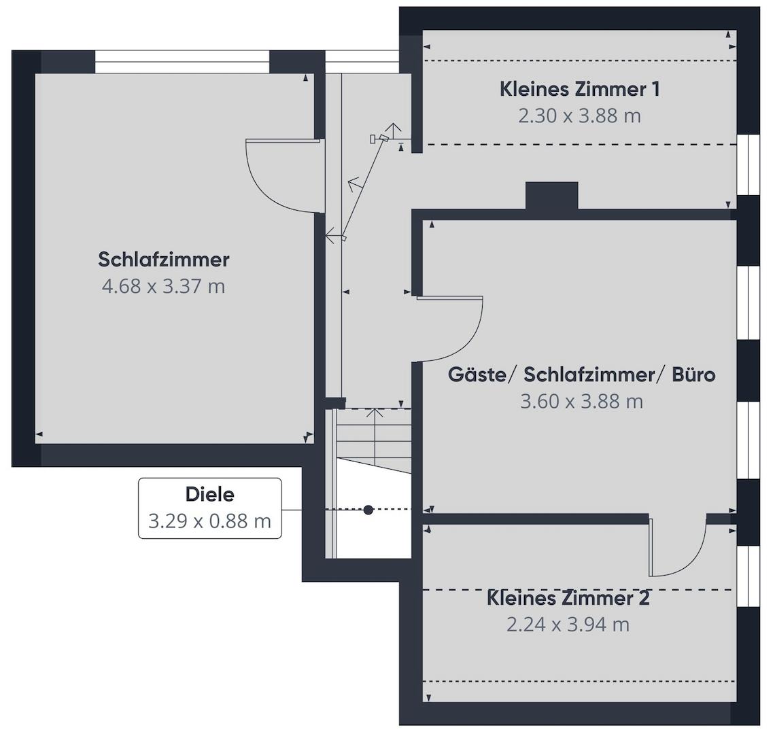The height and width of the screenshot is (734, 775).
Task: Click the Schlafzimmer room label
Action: (x=163, y=259)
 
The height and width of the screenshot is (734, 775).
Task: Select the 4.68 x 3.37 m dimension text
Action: (x=163, y=286)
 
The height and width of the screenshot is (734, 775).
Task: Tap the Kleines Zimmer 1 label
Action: (x=579, y=89)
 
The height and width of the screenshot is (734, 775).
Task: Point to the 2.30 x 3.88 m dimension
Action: (x=579, y=116)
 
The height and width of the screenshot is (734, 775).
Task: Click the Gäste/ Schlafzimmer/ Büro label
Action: (x=581, y=374)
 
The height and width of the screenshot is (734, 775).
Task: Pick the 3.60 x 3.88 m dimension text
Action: (x=581, y=402)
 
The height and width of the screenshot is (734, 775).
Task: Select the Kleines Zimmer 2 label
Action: (x=568, y=598)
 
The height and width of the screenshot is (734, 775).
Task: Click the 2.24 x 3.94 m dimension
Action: (x=568, y=625)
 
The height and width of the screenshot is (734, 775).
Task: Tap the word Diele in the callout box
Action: (x=209, y=495)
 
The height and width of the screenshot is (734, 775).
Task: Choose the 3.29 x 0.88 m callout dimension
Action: (x=209, y=521)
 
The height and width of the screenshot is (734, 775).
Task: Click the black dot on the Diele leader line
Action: (x=368, y=509)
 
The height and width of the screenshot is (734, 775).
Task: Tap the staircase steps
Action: (x=374, y=442)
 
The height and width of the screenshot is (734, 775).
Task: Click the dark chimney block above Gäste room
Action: (x=551, y=196)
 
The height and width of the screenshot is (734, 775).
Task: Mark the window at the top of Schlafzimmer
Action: (x=182, y=62)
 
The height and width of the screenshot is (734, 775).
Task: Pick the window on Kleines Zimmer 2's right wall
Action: (x=748, y=576)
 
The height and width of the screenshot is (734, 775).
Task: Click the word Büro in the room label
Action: (x=693, y=374)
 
